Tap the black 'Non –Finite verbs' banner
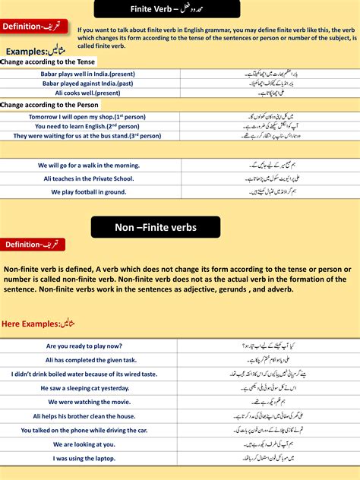(x=156, y=227)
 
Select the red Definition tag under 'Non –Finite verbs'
(x=33, y=245)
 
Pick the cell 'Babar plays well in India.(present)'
(x=89, y=74)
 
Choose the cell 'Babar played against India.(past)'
(x=89, y=84)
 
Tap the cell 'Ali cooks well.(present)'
(x=89, y=93)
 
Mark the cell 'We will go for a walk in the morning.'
(x=89, y=165)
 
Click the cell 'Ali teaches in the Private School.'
(x=89, y=178)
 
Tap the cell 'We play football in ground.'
(x=89, y=192)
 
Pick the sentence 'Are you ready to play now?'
(x=90, y=346)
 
